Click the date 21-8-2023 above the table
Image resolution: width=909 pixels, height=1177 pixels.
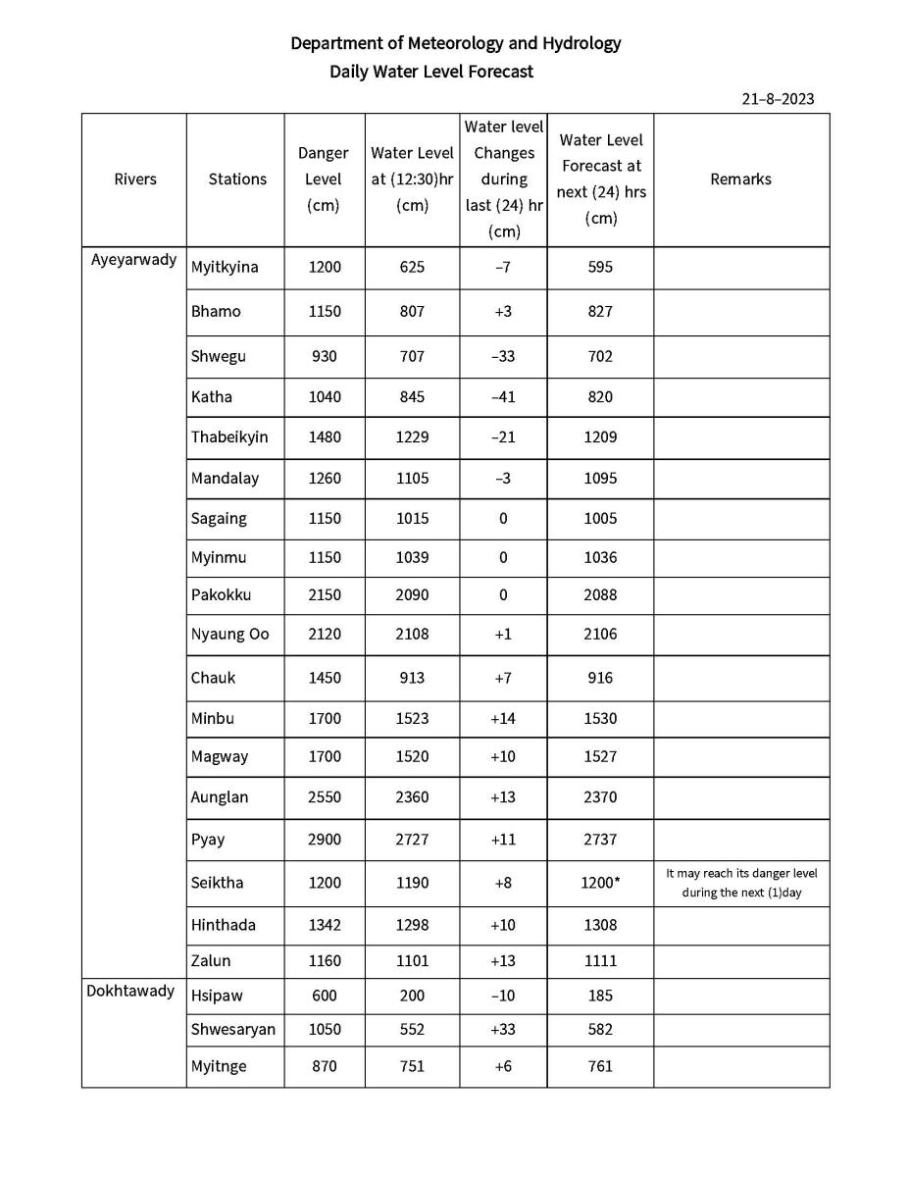[x=778, y=99]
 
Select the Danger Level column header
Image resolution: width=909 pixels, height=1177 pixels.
[x=323, y=179]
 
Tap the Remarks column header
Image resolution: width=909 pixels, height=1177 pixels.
[x=740, y=179]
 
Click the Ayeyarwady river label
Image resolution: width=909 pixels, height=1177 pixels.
[x=134, y=260]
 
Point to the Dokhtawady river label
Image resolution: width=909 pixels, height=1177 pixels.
[x=130, y=990]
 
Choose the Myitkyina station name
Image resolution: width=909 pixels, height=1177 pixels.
[x=225, y=267]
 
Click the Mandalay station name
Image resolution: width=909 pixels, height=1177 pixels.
[x=225, y=479]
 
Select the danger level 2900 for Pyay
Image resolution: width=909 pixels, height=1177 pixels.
[x=324, y=840]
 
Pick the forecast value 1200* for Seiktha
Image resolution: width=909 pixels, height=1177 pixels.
[x=600, y=883]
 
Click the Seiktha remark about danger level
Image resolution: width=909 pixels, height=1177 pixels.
[x=740, y=883]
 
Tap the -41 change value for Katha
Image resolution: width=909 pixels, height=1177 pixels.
[x=502, y=397]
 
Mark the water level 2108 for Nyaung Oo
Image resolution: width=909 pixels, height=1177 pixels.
[x=412, y=634]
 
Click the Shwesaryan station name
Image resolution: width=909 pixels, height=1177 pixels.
[x=232, y=1030]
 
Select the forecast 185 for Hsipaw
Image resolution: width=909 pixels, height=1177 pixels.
[x=600, y=996]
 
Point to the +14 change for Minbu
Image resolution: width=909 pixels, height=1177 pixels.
[x=502, y=718]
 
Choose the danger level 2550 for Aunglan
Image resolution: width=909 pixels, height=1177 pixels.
[x=324, y=797]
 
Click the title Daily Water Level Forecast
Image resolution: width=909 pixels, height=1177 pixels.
[x=431, y=72]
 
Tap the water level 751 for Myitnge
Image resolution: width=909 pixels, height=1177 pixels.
[x=412, y=1066]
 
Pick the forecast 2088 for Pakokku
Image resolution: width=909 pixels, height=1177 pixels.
[x=600, y=594]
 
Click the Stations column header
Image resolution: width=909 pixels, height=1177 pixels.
[x=237, y=179]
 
